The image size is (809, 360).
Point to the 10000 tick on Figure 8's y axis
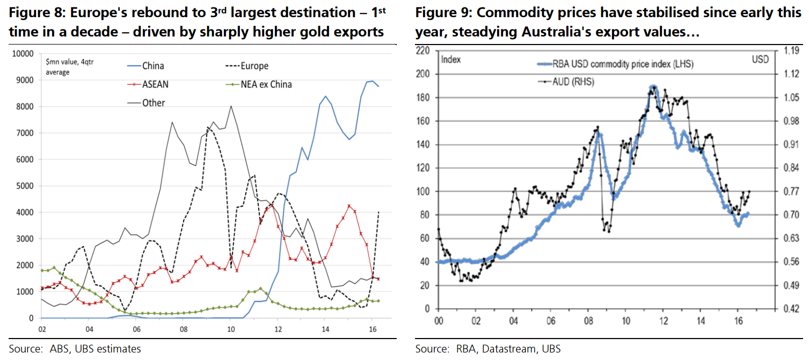tap(23, 54)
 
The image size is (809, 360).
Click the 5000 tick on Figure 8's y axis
tap(25, 186)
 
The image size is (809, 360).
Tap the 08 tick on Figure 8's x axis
tap(183, 328)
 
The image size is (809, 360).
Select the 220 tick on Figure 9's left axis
tap(423, 51)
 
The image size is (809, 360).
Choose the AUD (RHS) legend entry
tap(575, 82)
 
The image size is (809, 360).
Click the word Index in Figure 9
tap(450, 59)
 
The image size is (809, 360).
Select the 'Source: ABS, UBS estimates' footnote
tap(75, 349)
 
